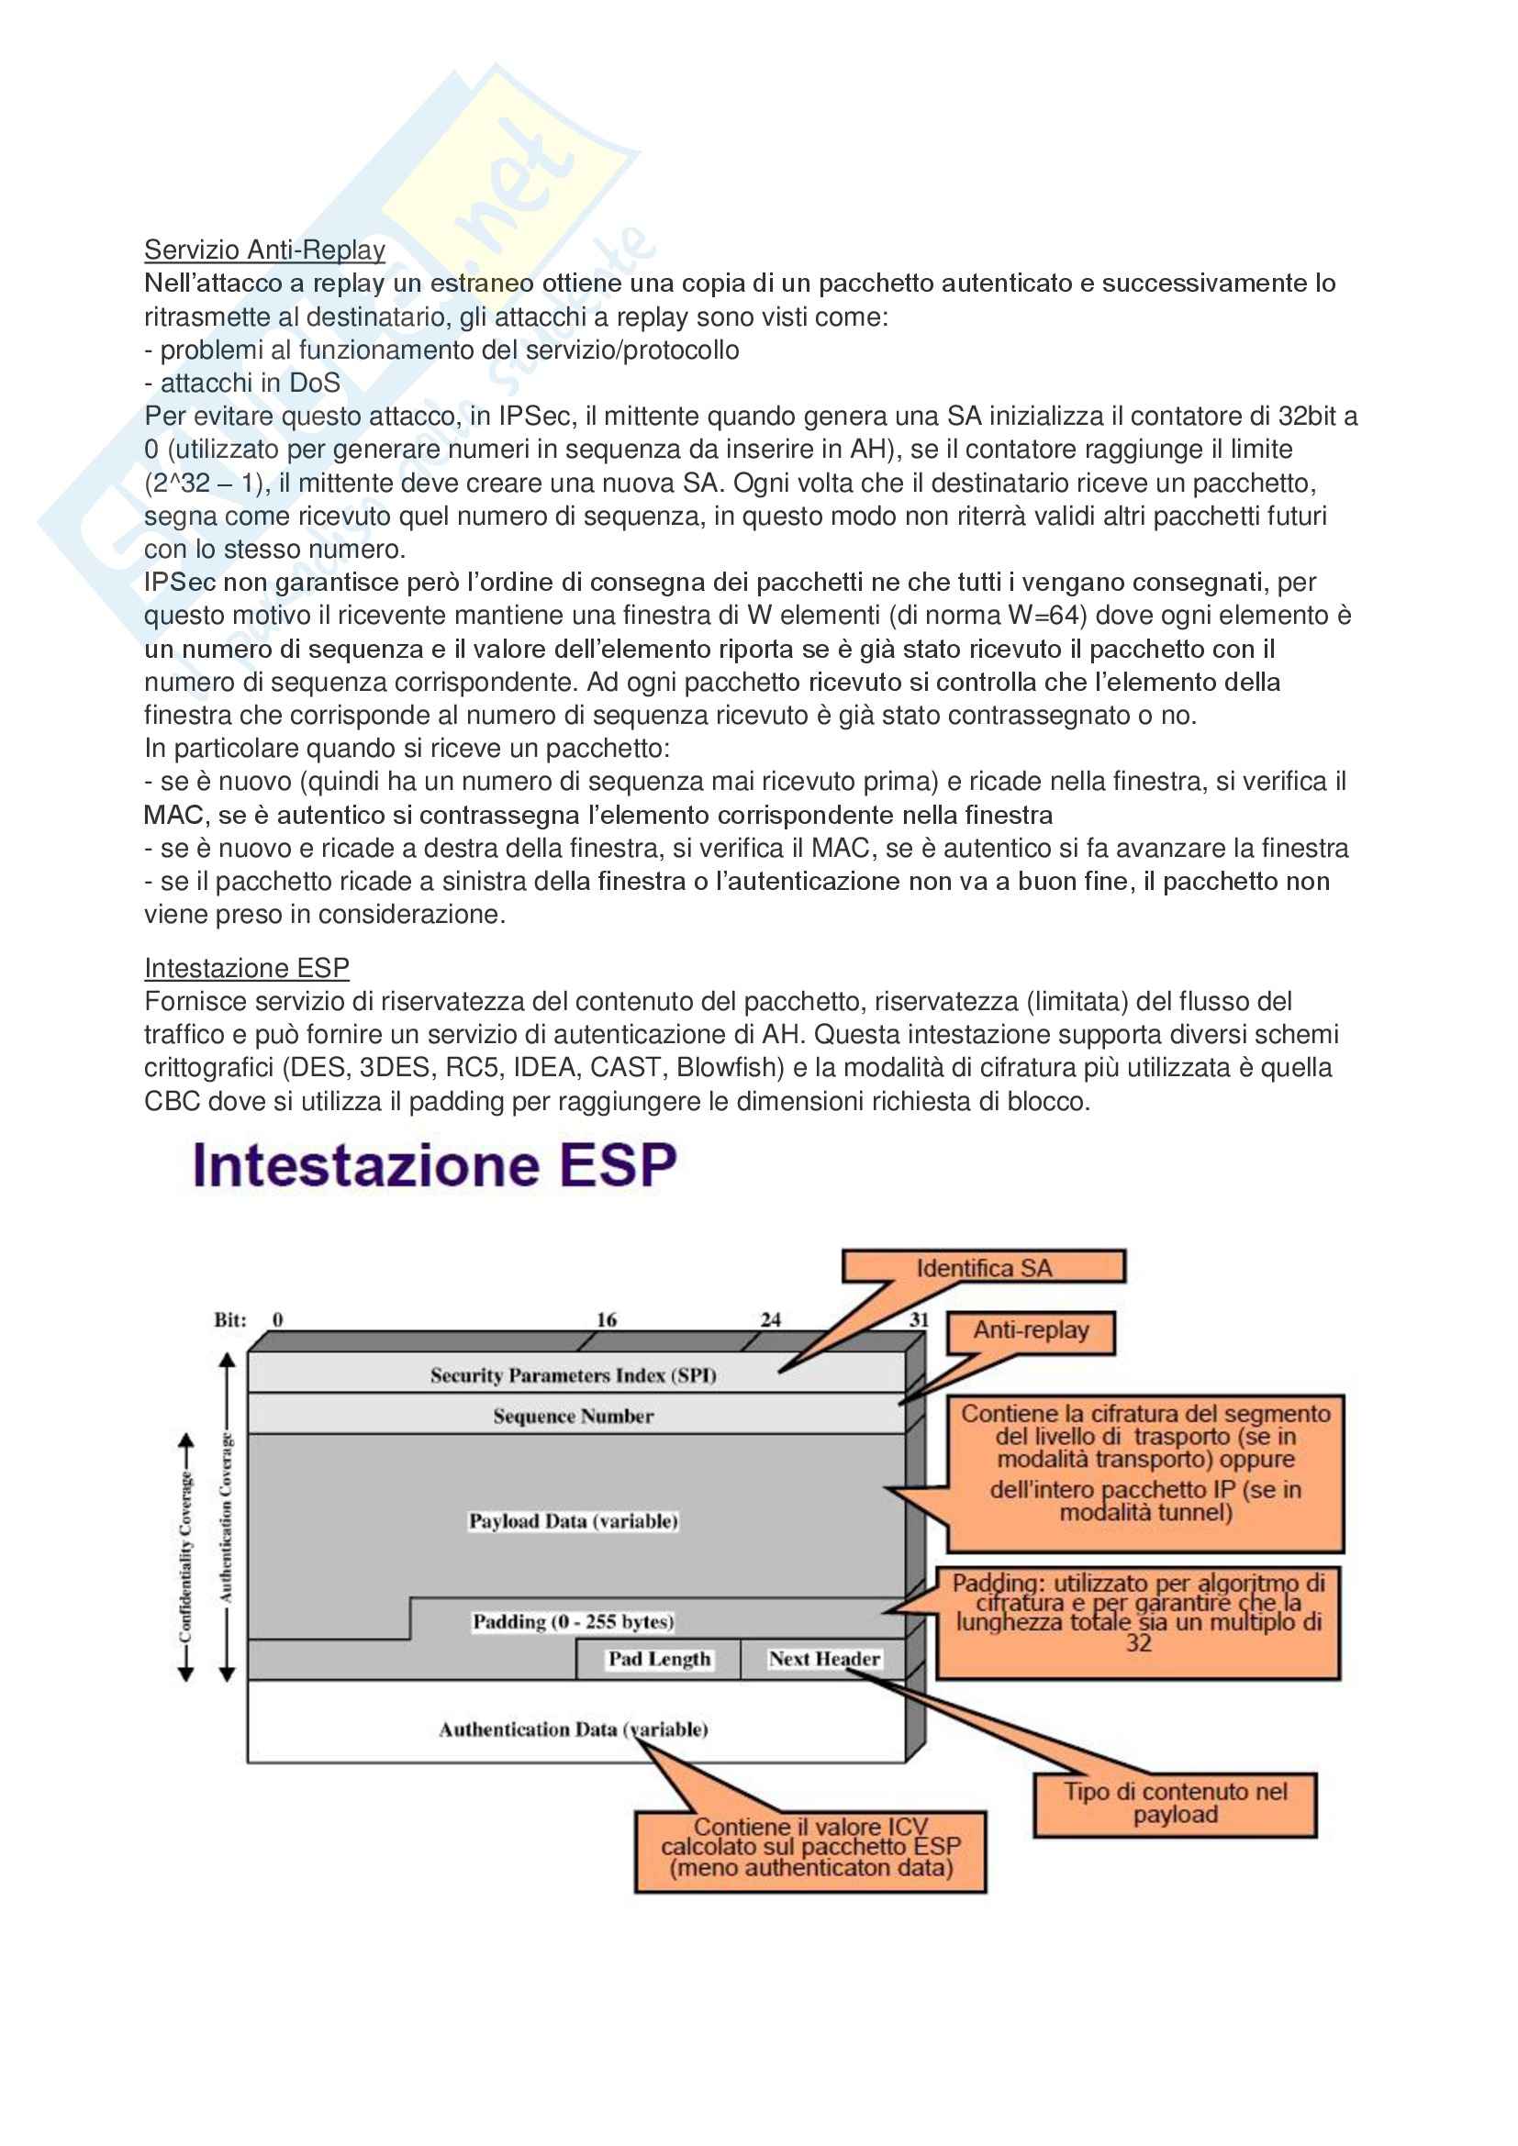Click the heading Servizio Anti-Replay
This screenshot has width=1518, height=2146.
pyautogui.click(x=264, y=250)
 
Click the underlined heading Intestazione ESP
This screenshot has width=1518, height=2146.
pyautogui.click(x=247, y=967)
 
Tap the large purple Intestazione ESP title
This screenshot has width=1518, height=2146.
pyautogui.click(x=434, y=1165)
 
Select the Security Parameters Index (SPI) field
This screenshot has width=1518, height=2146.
pyautogui.click(x=573, y=1375)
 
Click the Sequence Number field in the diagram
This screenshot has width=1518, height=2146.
pyautogui.click(x=573, y=1416)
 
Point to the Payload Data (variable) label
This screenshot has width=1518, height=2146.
pyautogui.click(x=573, y=1520)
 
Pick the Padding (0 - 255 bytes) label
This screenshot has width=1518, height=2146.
pyautogui.click(x=573, y=1620)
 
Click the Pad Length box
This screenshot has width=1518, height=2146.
pyautogui.click(x=659, y=1658)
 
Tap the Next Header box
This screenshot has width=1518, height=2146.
pyautogui.click(x=823, y=1658)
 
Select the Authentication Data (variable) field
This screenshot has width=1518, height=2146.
pyautogui.click(x=573, y=1729)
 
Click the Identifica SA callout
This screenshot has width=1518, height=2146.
pyautogui.click(x=983, y=1267)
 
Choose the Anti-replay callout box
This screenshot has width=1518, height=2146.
pyautogui.click(x=1031, y=1330)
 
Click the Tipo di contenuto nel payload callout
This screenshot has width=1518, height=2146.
pyautogui.click(x=1175, y=1803)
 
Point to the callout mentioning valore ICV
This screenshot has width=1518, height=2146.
pyautogui.click(x=810, y=1848)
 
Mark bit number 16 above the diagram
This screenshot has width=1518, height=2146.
pyautogui.click(x=607, y=1318)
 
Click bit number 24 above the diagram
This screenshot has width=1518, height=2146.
pyautogui.click(x=770, y=1318)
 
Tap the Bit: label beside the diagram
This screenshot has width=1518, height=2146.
pyautogui.click(x=230, y=1319)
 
